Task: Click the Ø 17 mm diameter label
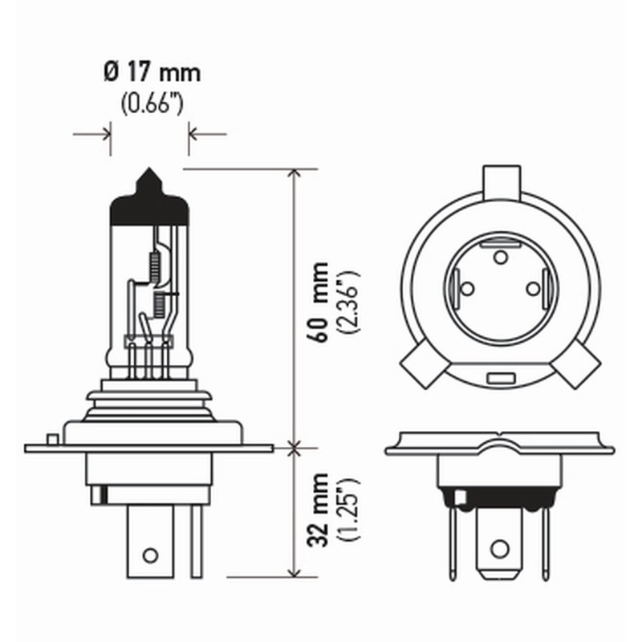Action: click(151, 74)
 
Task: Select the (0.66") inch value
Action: click(151, 104)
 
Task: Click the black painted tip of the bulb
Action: click(149, 201)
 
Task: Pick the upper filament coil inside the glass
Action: click(156, 263)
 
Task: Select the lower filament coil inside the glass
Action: click(158, 303)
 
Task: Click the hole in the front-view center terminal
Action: click(499, 550)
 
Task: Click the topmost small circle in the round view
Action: click(500, 257)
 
